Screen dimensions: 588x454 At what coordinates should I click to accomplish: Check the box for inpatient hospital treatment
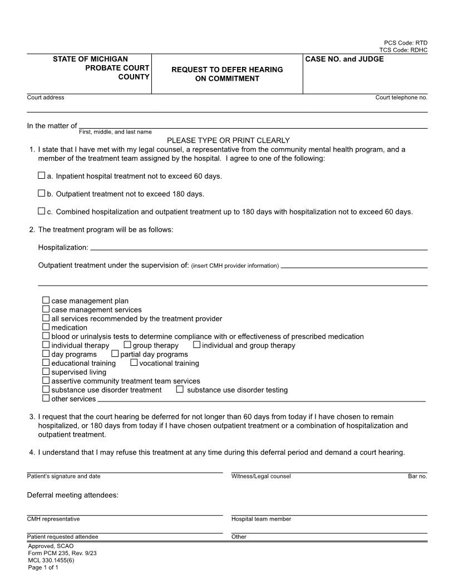click(x=41, y=175)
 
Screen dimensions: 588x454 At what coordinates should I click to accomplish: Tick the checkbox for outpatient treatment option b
click(x=41, y=193)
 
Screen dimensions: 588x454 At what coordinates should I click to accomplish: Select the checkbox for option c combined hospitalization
click(x=41, y=211)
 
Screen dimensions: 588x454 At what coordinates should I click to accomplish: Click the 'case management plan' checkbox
click(x=46, y=301)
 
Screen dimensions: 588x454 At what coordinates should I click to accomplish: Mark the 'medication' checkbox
click(x=46, y=327)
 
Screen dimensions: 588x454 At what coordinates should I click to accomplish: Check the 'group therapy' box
click(x=127, y=345)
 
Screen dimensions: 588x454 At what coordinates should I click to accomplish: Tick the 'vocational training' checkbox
click(x=134, y=362)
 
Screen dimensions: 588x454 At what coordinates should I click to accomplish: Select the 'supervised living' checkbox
click(x=46, y=371)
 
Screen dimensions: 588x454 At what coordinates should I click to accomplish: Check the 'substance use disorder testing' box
click(x=180, y=389)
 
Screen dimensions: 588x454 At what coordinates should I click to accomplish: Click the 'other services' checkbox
click(x=46, y=398)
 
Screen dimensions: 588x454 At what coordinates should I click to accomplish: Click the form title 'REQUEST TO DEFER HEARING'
click(x=227, y=70)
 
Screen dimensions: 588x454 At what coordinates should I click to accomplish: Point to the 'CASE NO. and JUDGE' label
click(x=344, y=59)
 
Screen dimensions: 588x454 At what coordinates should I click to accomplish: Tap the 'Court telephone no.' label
click(x=401, y=97)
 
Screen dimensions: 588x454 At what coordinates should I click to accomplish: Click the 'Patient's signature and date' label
click(x=63, y=476)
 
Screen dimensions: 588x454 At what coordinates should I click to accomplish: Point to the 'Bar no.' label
click(x=417, y=476)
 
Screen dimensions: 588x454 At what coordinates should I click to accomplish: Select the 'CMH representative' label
click(x=53, y=519)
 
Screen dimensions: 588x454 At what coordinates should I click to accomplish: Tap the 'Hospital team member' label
click(x=261, y=519)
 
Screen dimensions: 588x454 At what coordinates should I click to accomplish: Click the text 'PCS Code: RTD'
click(x=406, y=43)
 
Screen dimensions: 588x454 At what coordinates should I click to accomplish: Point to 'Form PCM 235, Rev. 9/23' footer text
click(x=58, y=553)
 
